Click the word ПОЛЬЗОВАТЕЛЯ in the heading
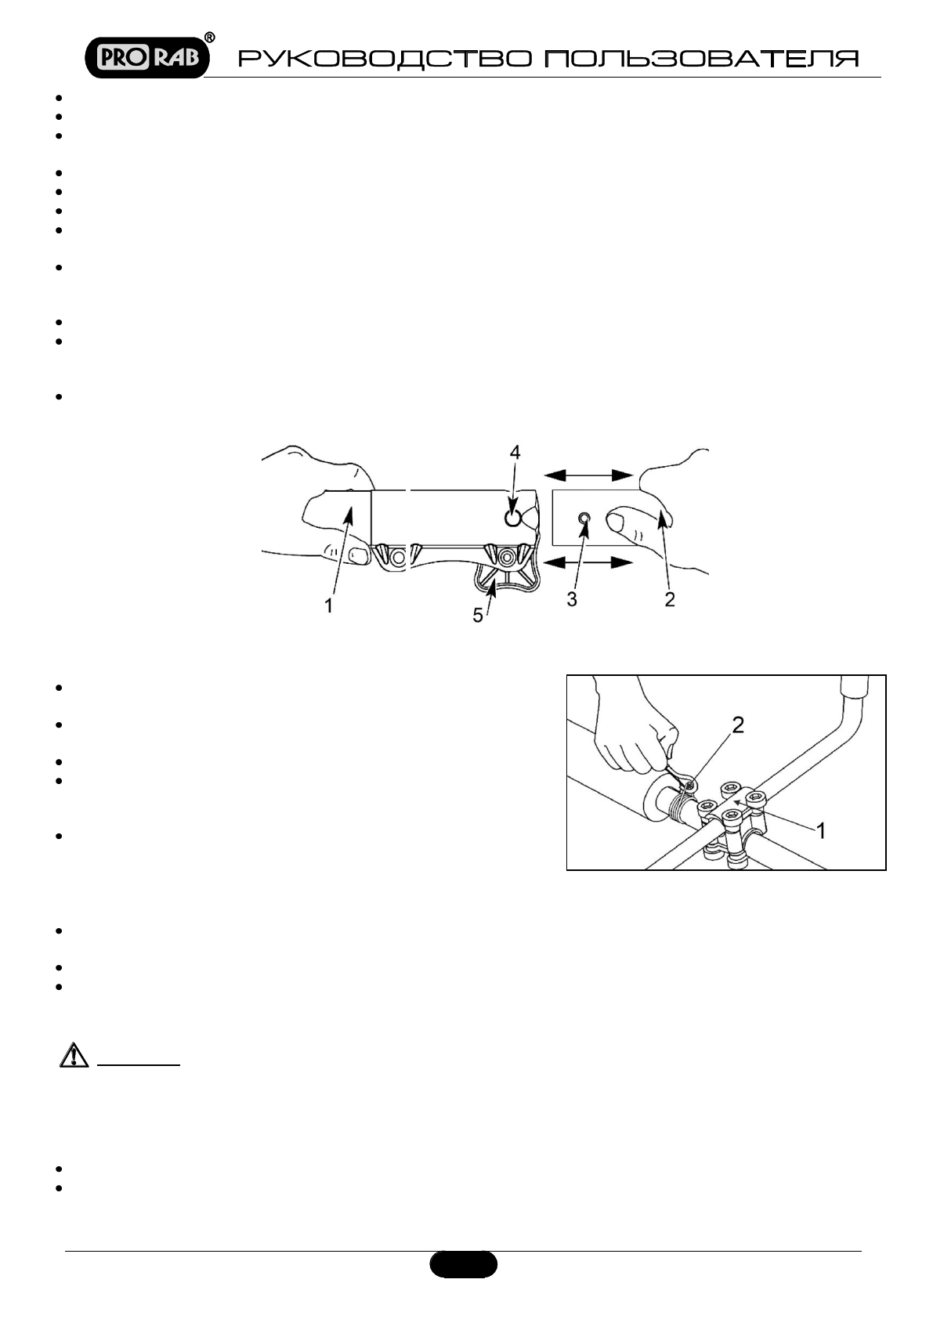(701, 60)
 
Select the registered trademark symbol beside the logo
(210, 38)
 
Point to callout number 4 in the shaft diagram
(514, 452)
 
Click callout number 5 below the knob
(478, 616)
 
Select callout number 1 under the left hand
(329, 605)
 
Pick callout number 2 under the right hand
(669, 599)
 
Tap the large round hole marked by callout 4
(512, 518)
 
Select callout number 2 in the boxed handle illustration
(737, 725)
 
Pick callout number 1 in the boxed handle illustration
(820, 830)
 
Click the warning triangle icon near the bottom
(71, 1057)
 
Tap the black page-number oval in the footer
(463, 1263)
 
